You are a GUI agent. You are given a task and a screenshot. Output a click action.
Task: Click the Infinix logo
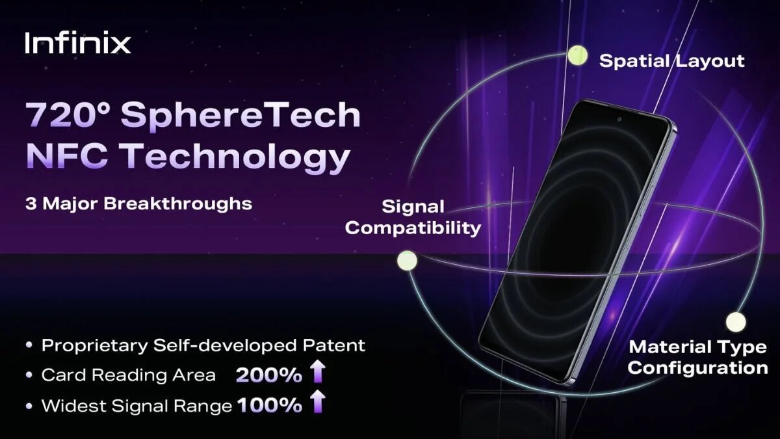pos(78,43)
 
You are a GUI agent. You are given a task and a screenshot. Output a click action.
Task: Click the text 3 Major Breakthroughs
pos(138,204)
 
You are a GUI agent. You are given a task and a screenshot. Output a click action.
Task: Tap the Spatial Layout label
pos(671,61)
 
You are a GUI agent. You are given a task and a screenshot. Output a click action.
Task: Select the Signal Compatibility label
pos(413,218)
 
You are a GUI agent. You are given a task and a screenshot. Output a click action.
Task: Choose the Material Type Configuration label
pos(698,358)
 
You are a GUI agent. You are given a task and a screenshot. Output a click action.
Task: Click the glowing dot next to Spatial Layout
pos(577,55)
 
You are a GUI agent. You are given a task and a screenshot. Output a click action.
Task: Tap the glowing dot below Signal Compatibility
pos(407,260)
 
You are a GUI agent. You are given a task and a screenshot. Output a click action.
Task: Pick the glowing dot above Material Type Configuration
pos(736,321)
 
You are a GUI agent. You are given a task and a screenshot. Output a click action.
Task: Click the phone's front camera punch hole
pos(619,120)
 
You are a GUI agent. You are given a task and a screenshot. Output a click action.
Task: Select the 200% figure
pos(269,375)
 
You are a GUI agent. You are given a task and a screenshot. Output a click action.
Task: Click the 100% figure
pos(270,406)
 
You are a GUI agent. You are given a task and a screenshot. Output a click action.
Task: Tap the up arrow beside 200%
pos(318,371)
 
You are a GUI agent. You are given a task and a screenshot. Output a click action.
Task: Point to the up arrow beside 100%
pos(318,401)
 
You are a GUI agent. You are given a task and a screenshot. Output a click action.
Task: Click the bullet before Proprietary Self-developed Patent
pos(29,345)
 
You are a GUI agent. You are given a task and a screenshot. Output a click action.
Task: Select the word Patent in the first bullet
pos(334,345)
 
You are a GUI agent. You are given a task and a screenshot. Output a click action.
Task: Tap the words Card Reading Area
pos(129,375)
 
